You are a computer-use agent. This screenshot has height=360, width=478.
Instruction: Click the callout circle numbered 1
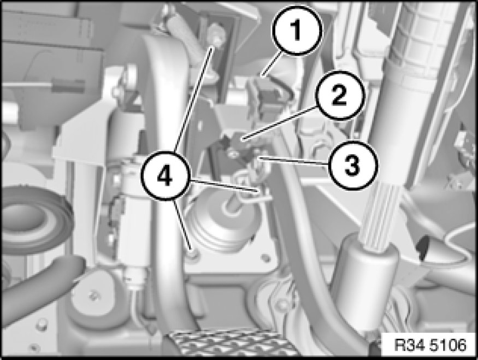point(297,31)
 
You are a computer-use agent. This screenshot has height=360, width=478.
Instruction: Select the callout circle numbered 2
point(340,96)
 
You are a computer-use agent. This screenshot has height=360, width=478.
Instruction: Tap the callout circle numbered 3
point(352,166)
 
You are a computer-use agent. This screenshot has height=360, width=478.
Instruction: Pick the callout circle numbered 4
point(165,176)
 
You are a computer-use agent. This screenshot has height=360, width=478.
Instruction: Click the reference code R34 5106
point(430,345)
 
